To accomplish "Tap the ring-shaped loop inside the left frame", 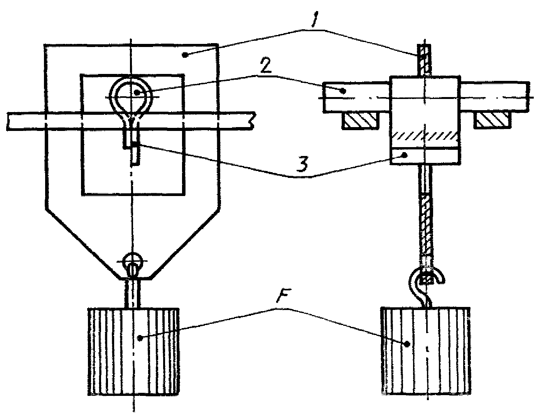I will (131, 94).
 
